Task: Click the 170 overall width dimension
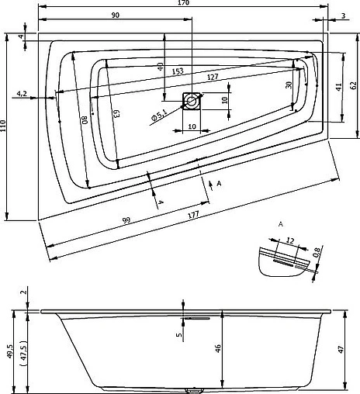pyautogui.click(x=183, y=5)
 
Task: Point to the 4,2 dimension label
pyautogui.click(x=22, y=94)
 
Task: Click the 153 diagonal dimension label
pyautogui.click(x=178, y=71)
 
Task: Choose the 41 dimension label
pyautogui.click(x=339, y=87)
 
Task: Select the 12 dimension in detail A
pyautogui.click(x=290, y=241)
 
